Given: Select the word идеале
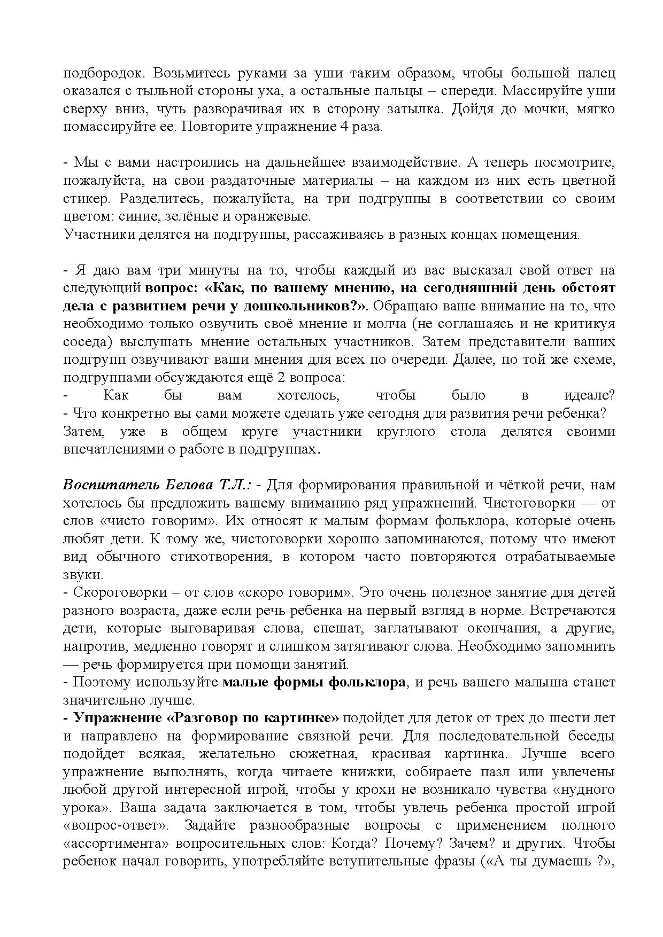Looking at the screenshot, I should click(x=589, y=395).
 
